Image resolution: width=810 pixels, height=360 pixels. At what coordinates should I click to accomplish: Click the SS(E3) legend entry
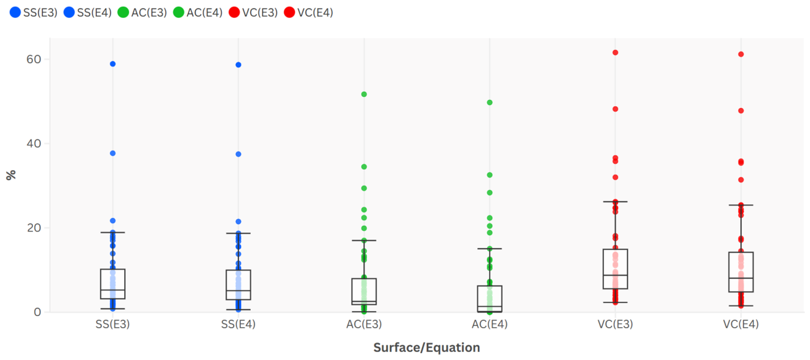click(x=34, y=12)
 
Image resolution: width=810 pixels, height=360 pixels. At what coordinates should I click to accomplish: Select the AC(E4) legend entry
click(x=198, y=12)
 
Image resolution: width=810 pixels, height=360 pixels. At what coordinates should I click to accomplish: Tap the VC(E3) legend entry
click(x=253, y=12)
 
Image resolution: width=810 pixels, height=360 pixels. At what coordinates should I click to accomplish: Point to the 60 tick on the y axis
click(x=34, y=60)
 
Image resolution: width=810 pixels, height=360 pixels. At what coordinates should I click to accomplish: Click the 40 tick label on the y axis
click(x=34, y=143)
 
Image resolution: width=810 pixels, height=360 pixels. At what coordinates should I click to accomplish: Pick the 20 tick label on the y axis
click(x=34, y=228)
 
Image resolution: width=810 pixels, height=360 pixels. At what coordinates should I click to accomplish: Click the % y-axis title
click(x=11, y=175)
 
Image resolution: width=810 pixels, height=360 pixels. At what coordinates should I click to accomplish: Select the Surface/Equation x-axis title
click(x=426, y=348)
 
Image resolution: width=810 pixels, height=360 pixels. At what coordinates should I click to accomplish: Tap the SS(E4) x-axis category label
click(x=238, y=324)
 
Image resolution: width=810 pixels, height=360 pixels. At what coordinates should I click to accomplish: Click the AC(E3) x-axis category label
click(x=364, y=324)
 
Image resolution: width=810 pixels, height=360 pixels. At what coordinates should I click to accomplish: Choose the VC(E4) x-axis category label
click(x=741, y=324)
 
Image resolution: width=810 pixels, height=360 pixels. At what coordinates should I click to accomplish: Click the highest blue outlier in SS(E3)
click(x=113, y=64)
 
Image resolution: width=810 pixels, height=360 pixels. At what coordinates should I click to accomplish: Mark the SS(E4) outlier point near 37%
click(x=238, y=155)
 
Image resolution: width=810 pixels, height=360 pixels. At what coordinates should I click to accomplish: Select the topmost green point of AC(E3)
click(x=364, y=94)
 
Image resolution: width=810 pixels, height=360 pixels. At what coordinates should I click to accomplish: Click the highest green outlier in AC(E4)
click(x=490, y=102)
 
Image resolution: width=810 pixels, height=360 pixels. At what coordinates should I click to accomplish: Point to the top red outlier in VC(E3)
click(x=615, y=53)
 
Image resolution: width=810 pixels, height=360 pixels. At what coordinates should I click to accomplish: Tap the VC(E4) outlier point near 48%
click(x=741, y=110)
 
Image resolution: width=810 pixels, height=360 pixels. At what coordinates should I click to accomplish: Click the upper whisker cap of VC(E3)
click(x=615, y=202)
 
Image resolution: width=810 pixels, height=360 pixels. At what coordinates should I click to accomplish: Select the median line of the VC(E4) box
click(x=741, y=278)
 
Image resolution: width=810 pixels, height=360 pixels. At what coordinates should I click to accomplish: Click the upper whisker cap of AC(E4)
click(x=490, y=249)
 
